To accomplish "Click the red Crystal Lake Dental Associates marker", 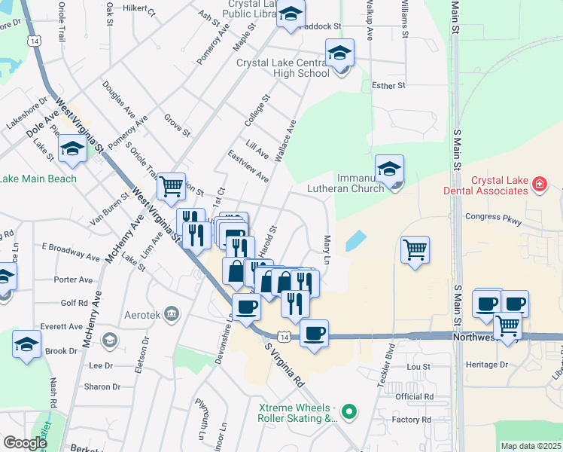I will coord(539,183).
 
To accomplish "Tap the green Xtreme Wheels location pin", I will coord(348,411).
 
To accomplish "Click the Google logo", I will coord(25,443).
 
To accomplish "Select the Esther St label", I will coord(389,86).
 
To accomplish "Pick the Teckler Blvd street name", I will coord(390,361).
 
